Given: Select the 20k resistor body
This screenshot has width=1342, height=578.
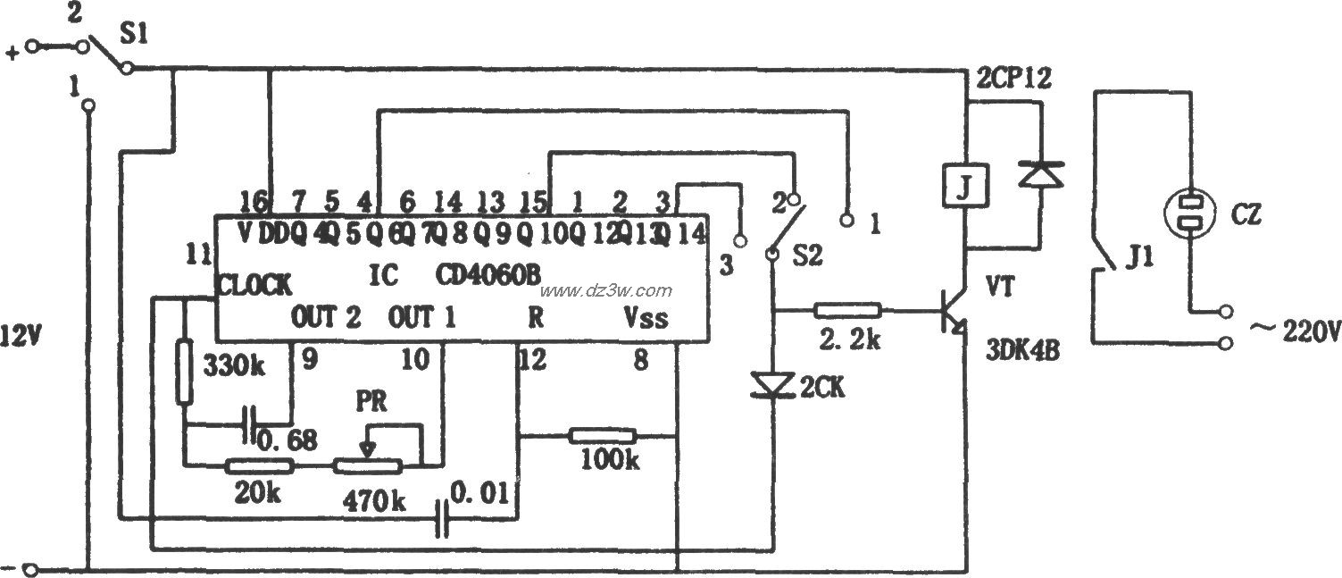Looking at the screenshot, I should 259,465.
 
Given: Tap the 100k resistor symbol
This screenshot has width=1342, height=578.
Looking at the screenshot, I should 604,436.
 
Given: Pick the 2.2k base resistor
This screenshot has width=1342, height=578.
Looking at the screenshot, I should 847,311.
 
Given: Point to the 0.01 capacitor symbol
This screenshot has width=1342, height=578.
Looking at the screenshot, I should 440,517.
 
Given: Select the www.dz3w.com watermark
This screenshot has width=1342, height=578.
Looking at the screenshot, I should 605,290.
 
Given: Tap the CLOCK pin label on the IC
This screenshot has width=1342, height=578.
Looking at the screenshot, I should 254,285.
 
